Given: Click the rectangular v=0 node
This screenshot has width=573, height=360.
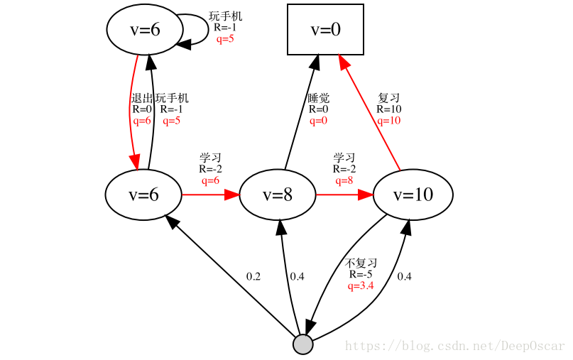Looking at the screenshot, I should coord(325,29).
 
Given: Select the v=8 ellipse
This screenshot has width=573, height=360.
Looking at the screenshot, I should coord(277,195).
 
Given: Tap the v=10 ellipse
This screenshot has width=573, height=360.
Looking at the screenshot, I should coord(413,195).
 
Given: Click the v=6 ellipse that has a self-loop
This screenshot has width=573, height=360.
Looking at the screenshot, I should coord(145,29).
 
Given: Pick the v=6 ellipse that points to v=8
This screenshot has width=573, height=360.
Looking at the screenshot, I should coord(143,195).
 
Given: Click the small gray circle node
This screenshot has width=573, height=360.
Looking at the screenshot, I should coord(302,344).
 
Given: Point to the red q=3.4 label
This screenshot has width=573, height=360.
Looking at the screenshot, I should coord(361,285).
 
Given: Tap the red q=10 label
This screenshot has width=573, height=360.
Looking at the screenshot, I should coord(388,121).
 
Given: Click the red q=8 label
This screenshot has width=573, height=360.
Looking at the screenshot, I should coord(344,180).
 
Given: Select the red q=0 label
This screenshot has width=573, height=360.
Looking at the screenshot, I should coord(318,121).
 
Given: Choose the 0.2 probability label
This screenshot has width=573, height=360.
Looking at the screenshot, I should coord(253,276).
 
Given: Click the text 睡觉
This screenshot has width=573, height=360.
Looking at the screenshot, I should coord(318,98).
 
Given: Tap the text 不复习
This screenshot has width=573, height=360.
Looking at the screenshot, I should coord(361,263).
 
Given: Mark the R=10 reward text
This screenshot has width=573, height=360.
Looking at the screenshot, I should coord(388,109).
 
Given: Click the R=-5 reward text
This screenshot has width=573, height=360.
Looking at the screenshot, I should coord(361,274).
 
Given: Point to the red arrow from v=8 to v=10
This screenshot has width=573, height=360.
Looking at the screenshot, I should coord(344,195).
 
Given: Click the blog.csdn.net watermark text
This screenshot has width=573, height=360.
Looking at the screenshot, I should coord(454,347).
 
